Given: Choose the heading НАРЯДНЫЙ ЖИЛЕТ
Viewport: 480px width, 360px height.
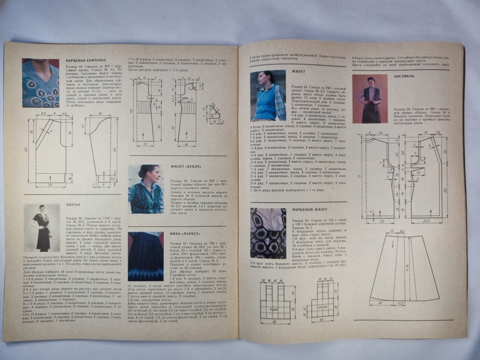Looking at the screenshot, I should pyautogui.click(x=310, y=209).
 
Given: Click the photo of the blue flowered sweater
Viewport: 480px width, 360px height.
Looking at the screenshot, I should pyautogui.click(x=40, y=83).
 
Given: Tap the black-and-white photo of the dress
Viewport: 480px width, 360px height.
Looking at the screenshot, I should pyautogui.click(x=42, y=227).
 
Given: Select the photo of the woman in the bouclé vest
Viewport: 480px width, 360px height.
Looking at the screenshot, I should pyautogui.click(x=146, y=189).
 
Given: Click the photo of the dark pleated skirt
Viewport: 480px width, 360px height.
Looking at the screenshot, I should pyautogui.click(x=146, y=256).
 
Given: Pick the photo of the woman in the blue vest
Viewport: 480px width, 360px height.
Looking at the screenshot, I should pyautogui.click(x=268, y=96).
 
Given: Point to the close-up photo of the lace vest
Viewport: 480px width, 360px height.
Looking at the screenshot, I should pyautogui.click(x=268, y=233).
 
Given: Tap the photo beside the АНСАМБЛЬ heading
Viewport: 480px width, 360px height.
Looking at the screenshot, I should pyautogui.click(x=370, y=98).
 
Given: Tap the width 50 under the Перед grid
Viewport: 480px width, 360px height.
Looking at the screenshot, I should pyautogui.click(x=275, y=322).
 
